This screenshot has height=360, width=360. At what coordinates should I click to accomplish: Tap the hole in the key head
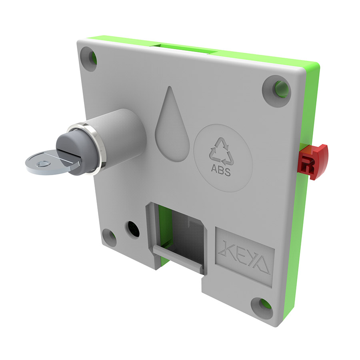[x=43, y=164]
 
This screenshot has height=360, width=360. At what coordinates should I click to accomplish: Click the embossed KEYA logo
[x=244, y=258]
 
